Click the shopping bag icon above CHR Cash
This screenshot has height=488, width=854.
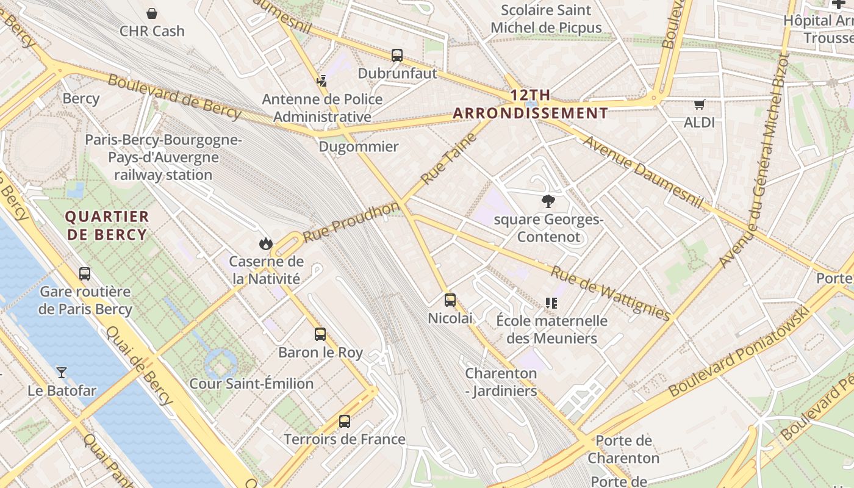[152, 13]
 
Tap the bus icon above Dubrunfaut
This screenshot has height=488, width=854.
[397, 56]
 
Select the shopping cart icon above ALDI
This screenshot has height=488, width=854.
[699, 104]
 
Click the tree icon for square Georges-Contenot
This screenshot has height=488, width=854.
[548, 201]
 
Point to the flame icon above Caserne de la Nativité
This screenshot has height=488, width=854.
[265, 243]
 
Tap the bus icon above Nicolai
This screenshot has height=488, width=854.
[450, 300]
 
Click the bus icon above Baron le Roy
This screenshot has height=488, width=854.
[320, 334]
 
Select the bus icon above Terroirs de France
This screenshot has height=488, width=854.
[345, 422]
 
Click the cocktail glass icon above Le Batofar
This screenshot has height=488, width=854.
[62, 372]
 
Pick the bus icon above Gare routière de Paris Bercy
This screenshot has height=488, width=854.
[85, 274]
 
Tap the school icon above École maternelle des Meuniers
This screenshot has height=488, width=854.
[551, 303]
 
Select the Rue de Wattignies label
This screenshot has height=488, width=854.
[611, 293]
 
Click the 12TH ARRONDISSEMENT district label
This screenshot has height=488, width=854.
[531, 104]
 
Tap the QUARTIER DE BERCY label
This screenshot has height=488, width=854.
[107, 226]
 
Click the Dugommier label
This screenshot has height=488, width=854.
[359, 147]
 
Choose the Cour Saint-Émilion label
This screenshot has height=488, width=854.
[251, 384]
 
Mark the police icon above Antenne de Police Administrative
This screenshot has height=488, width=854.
[321, 81]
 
